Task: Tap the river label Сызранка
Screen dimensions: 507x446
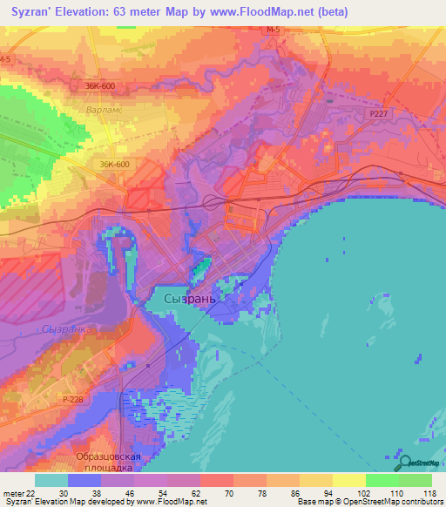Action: [66, 329]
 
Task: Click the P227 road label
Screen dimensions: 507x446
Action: [379, 112]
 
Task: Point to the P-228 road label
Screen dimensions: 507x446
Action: [73, 397]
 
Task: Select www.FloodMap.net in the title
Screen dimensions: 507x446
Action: [266, 12]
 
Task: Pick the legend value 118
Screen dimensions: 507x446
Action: [427, 492]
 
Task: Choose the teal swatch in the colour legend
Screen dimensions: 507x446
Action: [51, 480]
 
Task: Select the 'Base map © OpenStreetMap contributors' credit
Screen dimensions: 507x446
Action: [368, 502]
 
